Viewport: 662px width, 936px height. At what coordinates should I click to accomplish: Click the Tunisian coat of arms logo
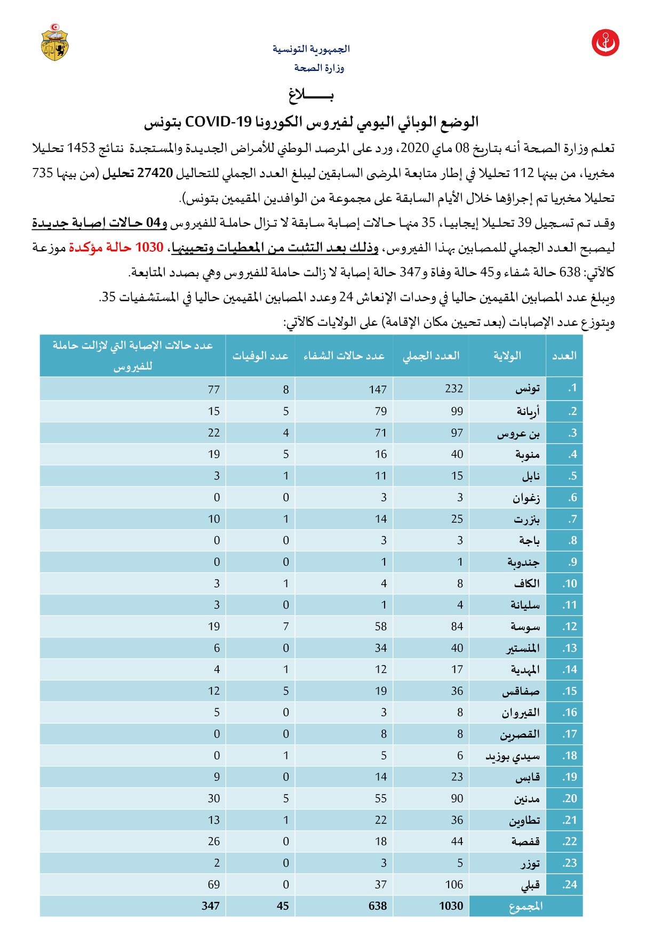[x=55, y=42]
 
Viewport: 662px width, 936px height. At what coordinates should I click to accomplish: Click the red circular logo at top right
[x=605, y=43]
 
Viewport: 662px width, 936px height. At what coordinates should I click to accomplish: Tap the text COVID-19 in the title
[x=218, y=122]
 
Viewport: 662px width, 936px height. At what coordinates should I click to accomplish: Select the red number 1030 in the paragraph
[x=149, y=247]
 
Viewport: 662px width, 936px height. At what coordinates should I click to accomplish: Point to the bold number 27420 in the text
[x=155, y=173]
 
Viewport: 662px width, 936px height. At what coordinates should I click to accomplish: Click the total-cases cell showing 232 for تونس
[x=454, y=389]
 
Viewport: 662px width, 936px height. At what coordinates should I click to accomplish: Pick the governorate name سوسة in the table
[x=525, y=627]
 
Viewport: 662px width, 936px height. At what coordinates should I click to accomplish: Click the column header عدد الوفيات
[x=260, y=356]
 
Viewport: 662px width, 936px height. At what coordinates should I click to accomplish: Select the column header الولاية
[x=507, y=356]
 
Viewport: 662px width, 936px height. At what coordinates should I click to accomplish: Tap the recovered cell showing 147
[x=378, y=389]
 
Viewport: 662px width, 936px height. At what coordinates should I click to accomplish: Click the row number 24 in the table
[x=569, y=885]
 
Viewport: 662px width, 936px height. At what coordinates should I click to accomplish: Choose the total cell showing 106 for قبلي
[x=454, y=885]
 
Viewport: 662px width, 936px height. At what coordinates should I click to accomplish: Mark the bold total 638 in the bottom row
[x=378, y=906]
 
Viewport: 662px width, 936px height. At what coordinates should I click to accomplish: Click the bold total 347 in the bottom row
[x=211, y=906]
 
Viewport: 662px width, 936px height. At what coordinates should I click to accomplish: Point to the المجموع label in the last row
[x=526, y=907]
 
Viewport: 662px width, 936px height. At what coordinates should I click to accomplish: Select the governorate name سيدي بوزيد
[x=513, y=756]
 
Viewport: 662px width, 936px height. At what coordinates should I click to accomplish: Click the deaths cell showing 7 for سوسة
[x=286, y=627]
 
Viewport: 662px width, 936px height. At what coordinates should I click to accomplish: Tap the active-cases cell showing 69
[x=214, y=885]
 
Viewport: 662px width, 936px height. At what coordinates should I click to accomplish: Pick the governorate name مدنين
[x=527, y=799]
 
